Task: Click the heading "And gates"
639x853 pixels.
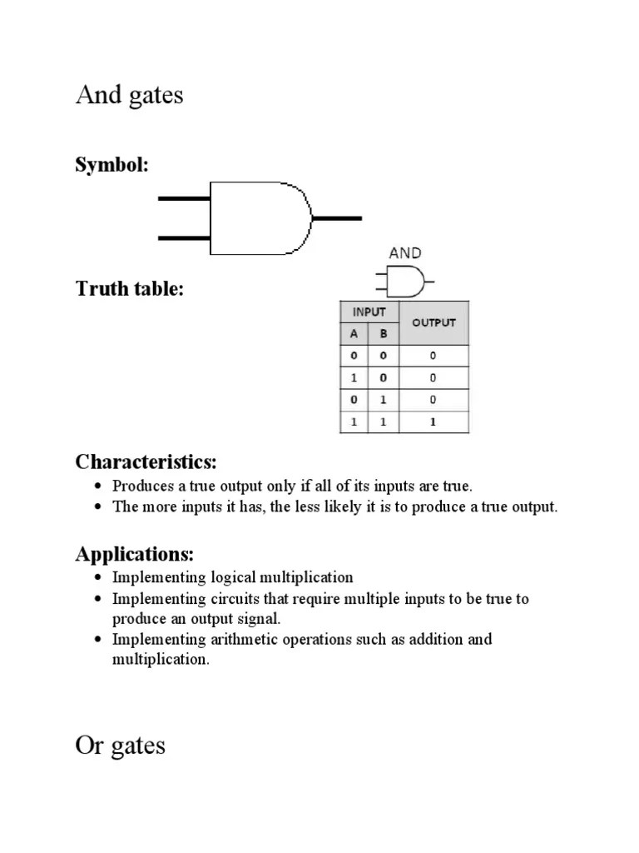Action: pyautogui.click(x=129, y=95)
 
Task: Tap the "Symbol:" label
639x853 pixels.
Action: pyautogui.click(x=112, y=165)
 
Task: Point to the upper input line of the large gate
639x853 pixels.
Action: pyautogui.click(x=184, y=198)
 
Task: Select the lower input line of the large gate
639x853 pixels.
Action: pyautogui.click(x=184, y=238)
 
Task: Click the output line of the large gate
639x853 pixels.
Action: pyautogui.click(x=337, y=218)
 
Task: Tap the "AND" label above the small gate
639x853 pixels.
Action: pyautogui.click(x=404, y=253)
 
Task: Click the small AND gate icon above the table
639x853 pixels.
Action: pyautogui.click(x=404, y=282)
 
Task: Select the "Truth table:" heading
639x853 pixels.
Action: pyautogui.click(x=130, y=289)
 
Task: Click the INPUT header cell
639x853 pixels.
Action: pyautogui.click(x=369, y=312)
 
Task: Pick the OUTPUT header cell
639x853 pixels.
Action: pyautogui.click(x=433, y=322)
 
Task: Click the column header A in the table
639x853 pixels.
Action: pyautogui.click(x=354, y=333)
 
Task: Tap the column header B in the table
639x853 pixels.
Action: pyautogui.click(x=384, y=333)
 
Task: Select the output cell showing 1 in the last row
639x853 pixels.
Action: pyautogui.click(x=433, y=422)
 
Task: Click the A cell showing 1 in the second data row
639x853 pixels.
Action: pyautogui.click(x=354, y=377)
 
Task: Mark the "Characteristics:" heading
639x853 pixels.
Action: pyautogui.click(x=146, y=461)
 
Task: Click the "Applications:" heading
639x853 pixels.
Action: pyautogui.click(x=135, y=553)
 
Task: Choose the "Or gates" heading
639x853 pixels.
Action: pyautogui.click(x=121, y=745)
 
